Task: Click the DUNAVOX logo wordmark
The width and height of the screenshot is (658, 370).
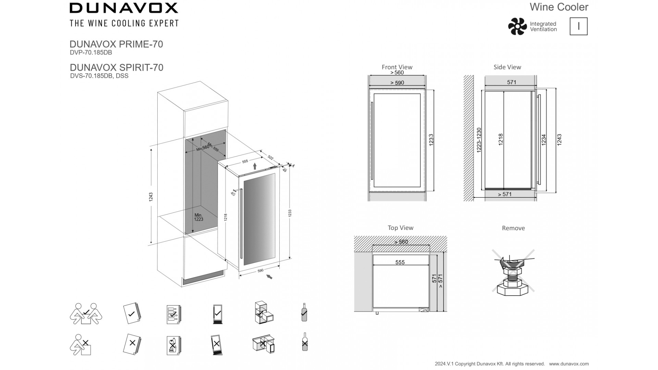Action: [x=124, y=8]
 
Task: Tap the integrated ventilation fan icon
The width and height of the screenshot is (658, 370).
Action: [x=517, y=26]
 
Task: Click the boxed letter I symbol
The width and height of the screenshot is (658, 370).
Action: [x=578, y=26]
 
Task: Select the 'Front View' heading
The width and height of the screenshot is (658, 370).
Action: [x=397, y=67]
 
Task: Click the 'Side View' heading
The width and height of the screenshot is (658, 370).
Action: [x=507, y=67]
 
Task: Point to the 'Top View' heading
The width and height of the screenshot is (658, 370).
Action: [x=400, y=228]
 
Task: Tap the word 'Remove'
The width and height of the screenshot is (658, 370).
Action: [x=513, y=228]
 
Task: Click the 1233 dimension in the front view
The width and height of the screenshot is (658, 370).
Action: [x=431, y=140]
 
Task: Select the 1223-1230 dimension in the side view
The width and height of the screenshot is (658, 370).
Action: [x=479, y=140]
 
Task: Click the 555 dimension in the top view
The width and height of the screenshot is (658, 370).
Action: [x=400, y=262]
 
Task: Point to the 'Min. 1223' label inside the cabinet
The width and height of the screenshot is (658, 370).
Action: [x=199, y=217]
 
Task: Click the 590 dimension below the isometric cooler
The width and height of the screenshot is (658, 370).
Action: [x=260, y=271]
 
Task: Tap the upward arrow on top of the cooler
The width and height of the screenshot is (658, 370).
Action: [x=255, y=166]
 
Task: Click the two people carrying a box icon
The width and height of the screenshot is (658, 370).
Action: [x=86, y=313]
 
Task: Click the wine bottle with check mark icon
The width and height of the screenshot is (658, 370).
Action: [x=304, y=312]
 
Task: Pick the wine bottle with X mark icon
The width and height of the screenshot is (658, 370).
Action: [x=304, y=342]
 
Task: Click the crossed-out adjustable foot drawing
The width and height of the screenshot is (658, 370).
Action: [x=513, y=271]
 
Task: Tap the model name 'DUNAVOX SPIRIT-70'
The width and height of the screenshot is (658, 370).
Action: [x=117, y=67]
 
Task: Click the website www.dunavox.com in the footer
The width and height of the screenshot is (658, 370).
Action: [x=569, y=364]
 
